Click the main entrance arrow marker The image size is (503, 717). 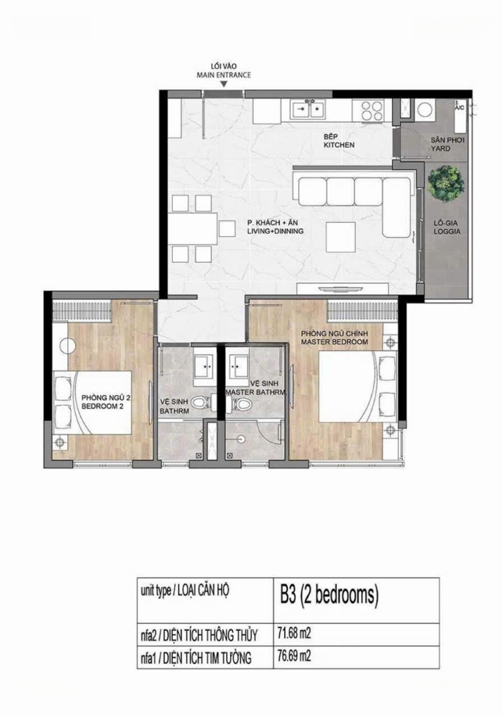coord(224,84)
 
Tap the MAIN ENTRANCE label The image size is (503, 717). coord(224,75)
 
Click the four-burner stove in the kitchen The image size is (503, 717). coord(371,110)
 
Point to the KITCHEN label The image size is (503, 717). coord(339,145)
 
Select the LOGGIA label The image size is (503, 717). coord(447,232)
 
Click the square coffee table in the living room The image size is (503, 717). coord(340,237)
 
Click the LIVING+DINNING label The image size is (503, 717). coord(276,232)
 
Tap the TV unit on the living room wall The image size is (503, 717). coord(343,289)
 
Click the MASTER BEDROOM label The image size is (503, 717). coord(335,342)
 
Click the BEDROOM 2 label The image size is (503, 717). coord(103,406)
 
